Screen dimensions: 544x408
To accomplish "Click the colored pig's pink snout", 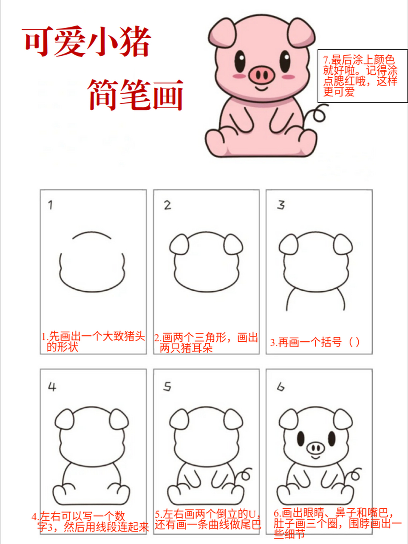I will click(261, 75).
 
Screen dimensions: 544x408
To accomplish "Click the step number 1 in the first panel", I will click(51, 205).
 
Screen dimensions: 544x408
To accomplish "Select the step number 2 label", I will click(167, 205).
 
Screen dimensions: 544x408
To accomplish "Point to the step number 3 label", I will click(281, 205).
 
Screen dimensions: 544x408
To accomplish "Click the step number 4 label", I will click(52, 387).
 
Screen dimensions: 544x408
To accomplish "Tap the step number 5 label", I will click(167, 387).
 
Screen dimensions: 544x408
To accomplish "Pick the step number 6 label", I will click(280, 387).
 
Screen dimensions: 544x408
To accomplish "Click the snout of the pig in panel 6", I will click(315, 447).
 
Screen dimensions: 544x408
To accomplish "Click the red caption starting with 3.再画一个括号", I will click(315, 342).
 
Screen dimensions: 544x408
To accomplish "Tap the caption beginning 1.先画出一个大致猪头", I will click(93, 341).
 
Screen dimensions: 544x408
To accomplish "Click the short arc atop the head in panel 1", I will click(92, 235).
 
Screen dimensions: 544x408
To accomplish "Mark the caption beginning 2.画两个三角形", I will click(206, 343).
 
